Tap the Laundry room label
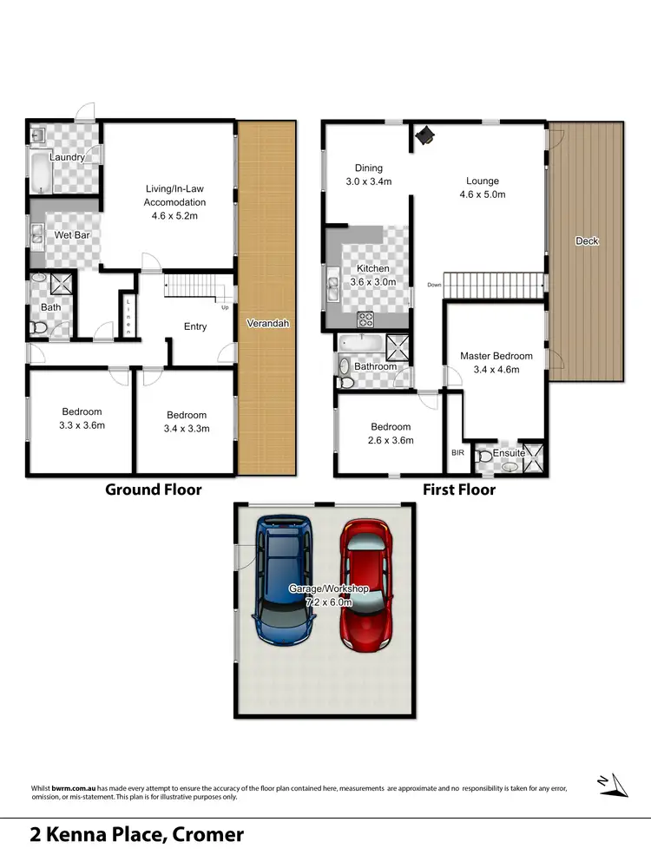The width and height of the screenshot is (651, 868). (x=67, y=157)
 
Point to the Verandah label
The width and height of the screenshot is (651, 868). (x=267, y=323)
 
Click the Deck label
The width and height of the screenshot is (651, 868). (x=587, y=241)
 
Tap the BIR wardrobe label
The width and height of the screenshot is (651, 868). (x=458, y=452)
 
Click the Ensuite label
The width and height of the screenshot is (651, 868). (x=508, y=452)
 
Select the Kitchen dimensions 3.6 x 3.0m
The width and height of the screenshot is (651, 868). (x=372, y=282)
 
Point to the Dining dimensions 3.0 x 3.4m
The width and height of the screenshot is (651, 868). (x=369, y=182)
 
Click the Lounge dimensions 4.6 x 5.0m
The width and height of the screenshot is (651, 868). (x=483, y=194)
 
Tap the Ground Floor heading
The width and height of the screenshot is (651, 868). (x=153, y=490)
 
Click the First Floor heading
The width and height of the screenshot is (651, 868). (x=459, y=490)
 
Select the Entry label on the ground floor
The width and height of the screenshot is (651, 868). (x=195, y=326)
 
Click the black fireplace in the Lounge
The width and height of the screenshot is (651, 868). (x=426, y=135)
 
